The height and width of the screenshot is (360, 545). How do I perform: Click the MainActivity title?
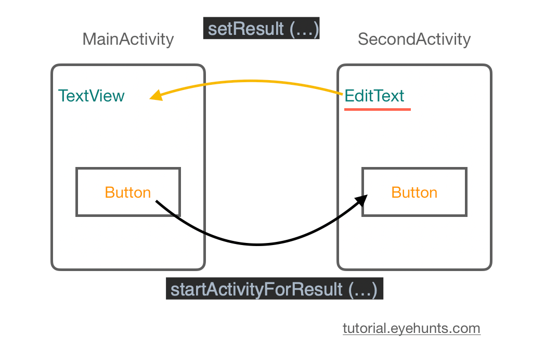pyautogui.click(x=128, y=40)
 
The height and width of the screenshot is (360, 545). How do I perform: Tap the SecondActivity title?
pyautogui.click(x=414, y=40)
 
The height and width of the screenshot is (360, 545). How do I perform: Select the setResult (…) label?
pyautogui.click(x=261, y=29)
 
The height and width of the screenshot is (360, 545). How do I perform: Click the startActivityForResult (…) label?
pyautogui.click(x=274, y=289)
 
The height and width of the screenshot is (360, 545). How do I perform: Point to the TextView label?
pyautogui.click(x=92, y=96)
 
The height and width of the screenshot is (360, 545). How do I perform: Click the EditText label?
pyautogui.click(x=374, y=96)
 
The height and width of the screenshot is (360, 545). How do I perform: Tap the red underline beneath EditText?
pyautogui.click(x=378, y=109)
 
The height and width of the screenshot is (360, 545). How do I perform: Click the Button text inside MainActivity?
pyautogui.click(x=128, y=192)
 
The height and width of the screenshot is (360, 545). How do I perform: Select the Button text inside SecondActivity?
pyautogui.click(x=414, y=192)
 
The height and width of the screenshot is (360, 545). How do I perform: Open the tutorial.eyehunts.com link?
pyautogui.click(x=411, y=328)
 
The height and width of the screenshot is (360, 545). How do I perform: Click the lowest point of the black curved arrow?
pyautogui.click(x=257, y=245)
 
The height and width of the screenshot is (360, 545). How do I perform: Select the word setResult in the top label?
pyautogui.click(x=238, y=29)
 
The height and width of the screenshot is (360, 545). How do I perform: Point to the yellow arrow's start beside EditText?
pyautogui.click(x=341, y=94)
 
